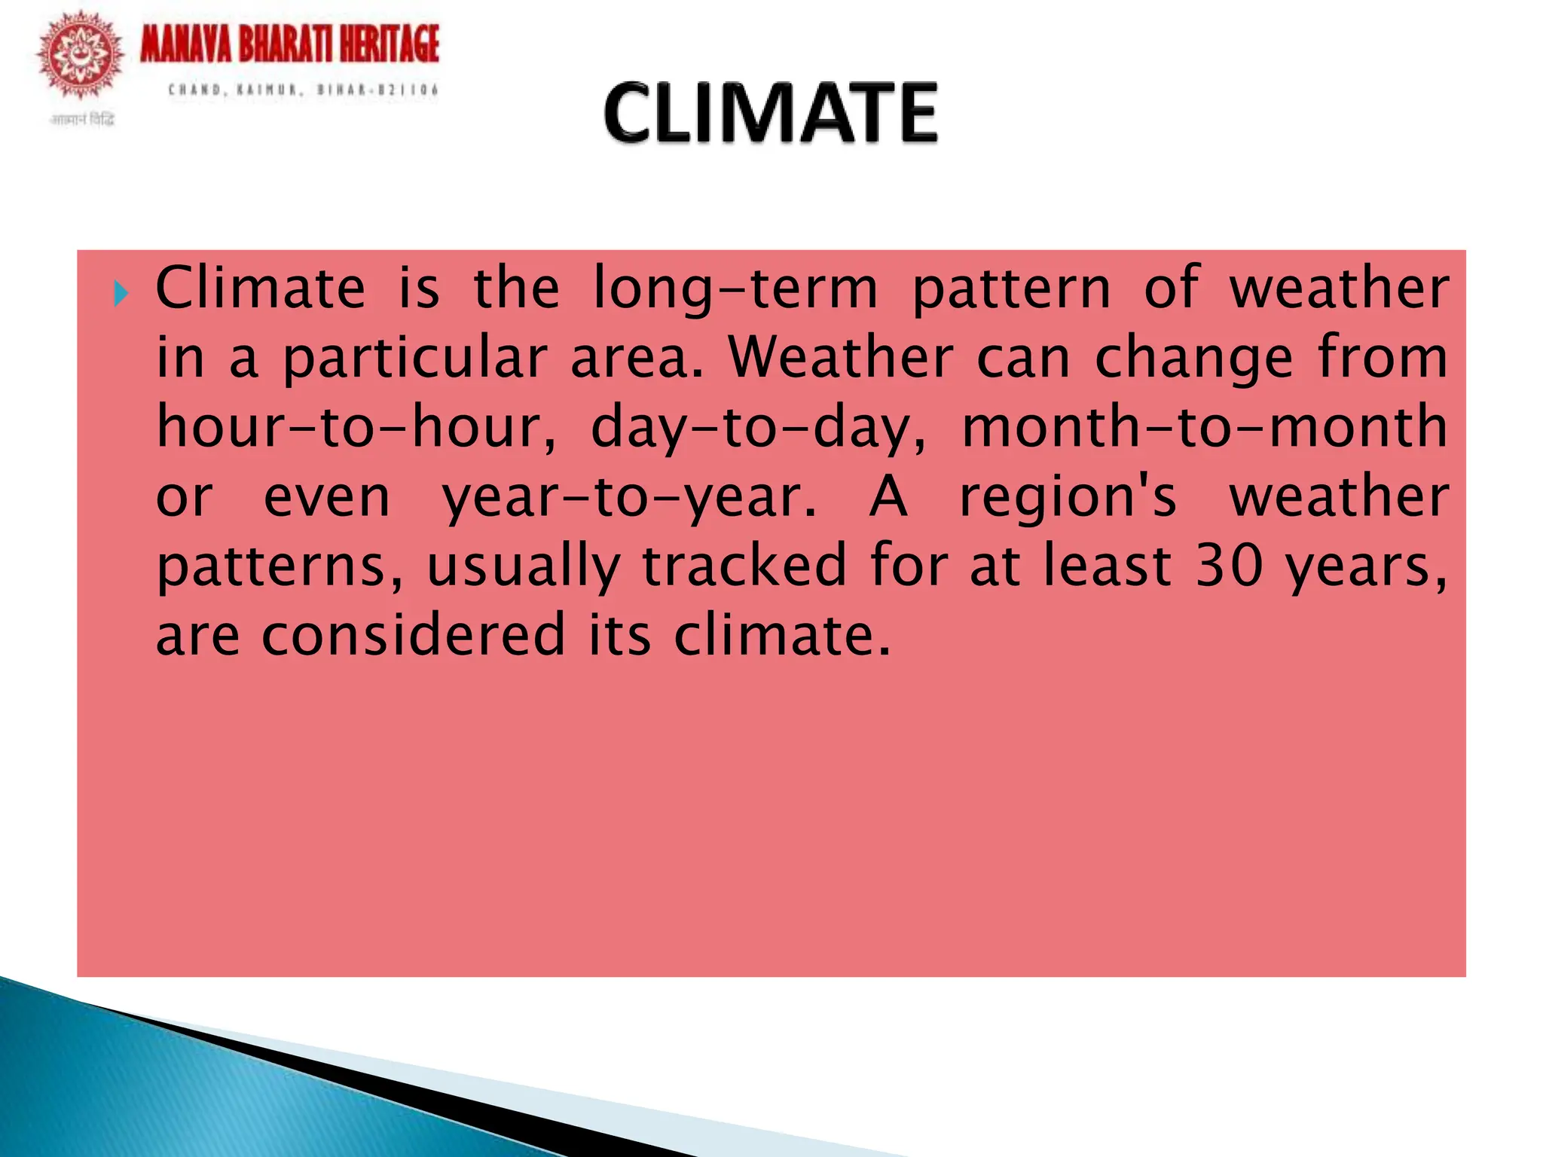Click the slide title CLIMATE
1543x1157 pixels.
click(770, 114)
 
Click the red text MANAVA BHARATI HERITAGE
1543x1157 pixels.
click(289, 44)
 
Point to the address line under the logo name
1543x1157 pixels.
click(303, 90)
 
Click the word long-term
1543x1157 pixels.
click(735, 289)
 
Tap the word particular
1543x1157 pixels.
click(414, 359)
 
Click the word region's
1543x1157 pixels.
click(1068, 497)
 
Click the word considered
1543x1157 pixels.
click(413, 636)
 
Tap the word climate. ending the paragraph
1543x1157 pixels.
click(782, 636)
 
